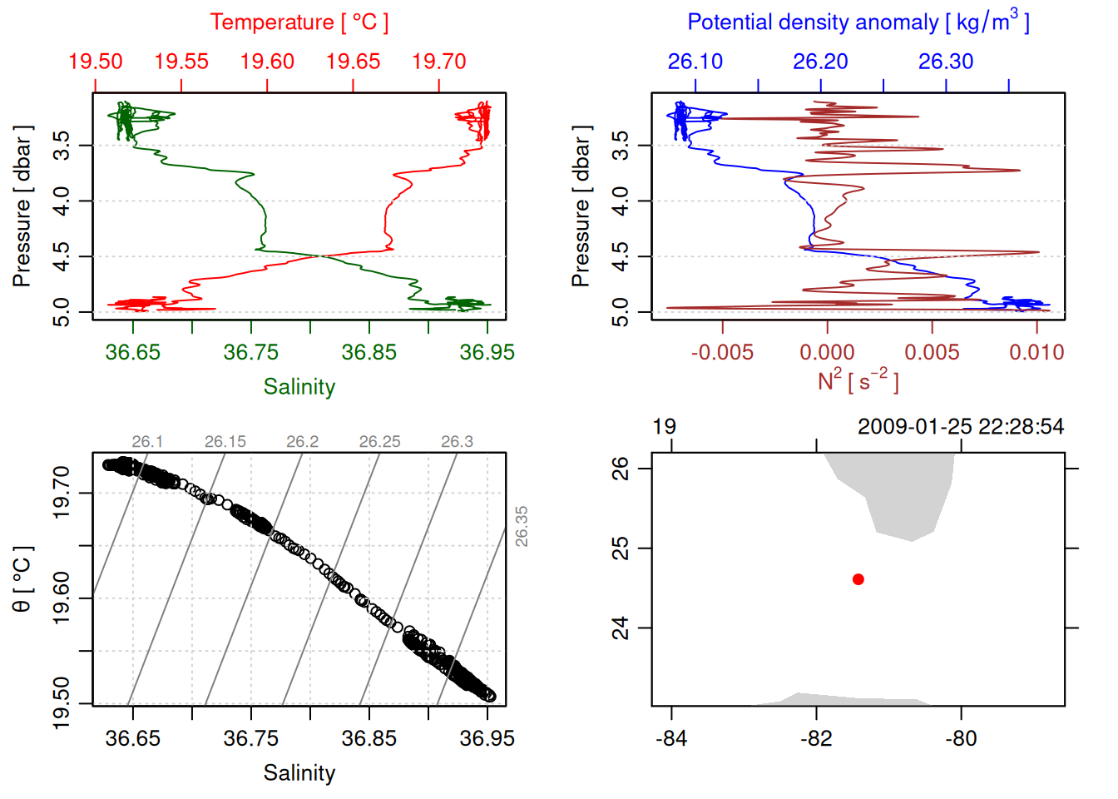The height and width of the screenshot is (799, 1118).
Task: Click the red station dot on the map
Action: (858, 579)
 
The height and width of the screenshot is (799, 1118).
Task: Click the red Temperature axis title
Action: (299, 22)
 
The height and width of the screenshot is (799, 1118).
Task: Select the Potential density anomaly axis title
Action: (858, 22)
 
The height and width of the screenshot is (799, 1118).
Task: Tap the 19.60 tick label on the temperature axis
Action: (267, 62)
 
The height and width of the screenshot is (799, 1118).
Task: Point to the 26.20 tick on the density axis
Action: (820, 62)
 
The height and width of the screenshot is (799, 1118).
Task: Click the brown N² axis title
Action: (858, 380)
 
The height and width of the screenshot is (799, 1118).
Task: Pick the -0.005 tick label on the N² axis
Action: (722, 352)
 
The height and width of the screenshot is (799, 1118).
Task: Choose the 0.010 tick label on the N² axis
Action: (1036, 352)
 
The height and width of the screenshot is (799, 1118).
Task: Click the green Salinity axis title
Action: (299, 387)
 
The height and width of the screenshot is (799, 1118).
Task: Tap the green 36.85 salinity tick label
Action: (369, 352)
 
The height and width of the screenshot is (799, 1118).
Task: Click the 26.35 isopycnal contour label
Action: (522, 526)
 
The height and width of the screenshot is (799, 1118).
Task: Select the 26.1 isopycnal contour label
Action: (147, 442)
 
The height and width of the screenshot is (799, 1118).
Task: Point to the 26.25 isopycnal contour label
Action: (379, 442)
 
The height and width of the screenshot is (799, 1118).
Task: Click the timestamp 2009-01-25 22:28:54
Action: (961, 427)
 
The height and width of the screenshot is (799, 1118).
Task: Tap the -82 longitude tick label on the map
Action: (816, 738)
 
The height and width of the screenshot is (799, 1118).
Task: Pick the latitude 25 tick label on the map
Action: (621, 548)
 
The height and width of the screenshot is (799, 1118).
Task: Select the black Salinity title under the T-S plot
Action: (299, 773)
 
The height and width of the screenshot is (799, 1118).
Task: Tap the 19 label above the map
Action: (664, 427)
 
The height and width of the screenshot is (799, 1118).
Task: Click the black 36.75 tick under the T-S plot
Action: (250, 738)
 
